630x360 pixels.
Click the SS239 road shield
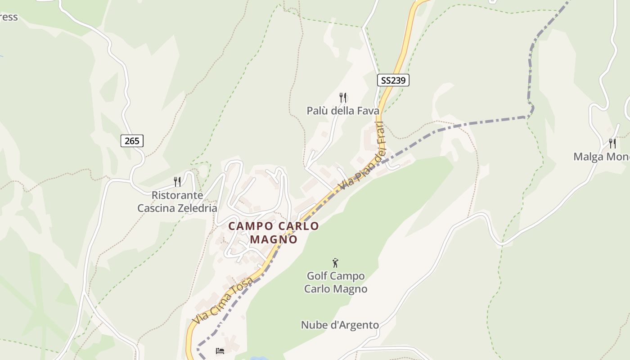click(393, 81)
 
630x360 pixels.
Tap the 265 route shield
click(132, 141)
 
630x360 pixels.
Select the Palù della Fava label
click(343, 111)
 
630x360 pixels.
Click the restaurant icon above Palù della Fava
click(343, 97)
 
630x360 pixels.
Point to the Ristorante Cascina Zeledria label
click(177, 202)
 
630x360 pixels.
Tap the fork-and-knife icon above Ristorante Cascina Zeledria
click(177, 182)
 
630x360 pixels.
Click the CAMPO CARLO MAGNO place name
click(274, 233)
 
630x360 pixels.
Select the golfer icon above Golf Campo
click(335, 263)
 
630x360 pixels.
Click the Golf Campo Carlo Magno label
click(336, 282)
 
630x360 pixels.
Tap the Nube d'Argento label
click(340, 325)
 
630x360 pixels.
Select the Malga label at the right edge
click(601, 157)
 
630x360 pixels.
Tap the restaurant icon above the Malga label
click(612, 144)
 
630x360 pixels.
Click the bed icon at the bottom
click(220, 351)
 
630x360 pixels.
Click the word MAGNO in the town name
click(274, 239)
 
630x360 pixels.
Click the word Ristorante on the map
click(177, 195)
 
